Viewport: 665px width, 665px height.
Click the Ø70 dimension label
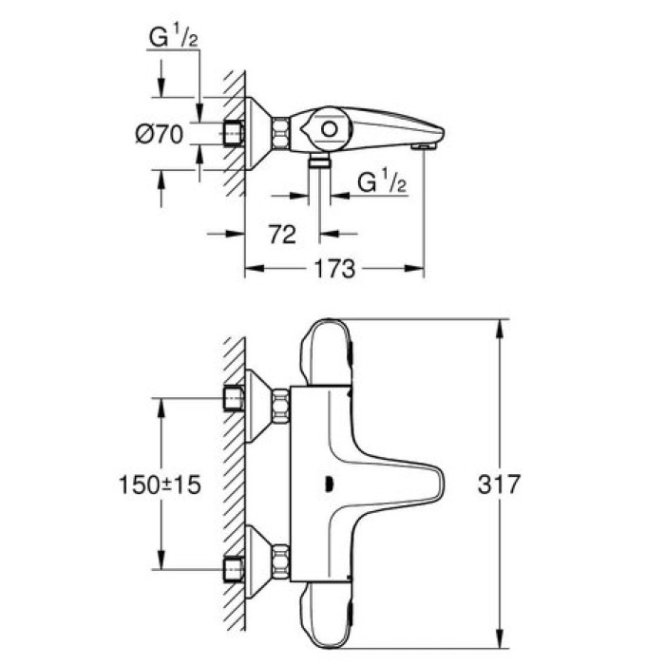(x=156, y=134)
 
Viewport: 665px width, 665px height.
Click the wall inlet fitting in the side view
(x=230, y=133)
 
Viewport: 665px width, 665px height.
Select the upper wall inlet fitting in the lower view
(x=230, y=398)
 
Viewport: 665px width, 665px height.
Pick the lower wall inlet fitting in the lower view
(x=230, y=566)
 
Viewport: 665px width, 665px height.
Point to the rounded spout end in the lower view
(x=440, y=483)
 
